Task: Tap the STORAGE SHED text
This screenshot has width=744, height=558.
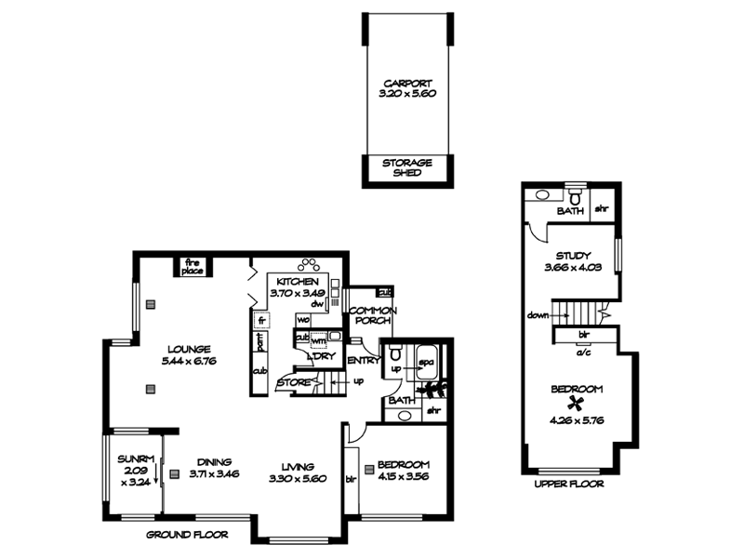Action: coord(407,167)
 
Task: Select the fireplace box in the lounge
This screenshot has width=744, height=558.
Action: coord(193,266)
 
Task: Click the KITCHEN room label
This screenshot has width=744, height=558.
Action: coord(297,282)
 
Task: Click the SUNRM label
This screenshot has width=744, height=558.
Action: coord(135,459)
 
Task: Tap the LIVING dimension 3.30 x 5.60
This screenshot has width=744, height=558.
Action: coord(299,480)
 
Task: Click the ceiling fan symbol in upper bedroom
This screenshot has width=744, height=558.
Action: coord(578,404)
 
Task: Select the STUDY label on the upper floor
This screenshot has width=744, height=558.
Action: coord(573,257)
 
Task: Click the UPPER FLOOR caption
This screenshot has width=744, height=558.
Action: coord(569,485)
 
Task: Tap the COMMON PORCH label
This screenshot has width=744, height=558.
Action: coord(373,316)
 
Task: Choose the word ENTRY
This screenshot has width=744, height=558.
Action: coord(363,361)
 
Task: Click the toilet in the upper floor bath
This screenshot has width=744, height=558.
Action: coord(576,198)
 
